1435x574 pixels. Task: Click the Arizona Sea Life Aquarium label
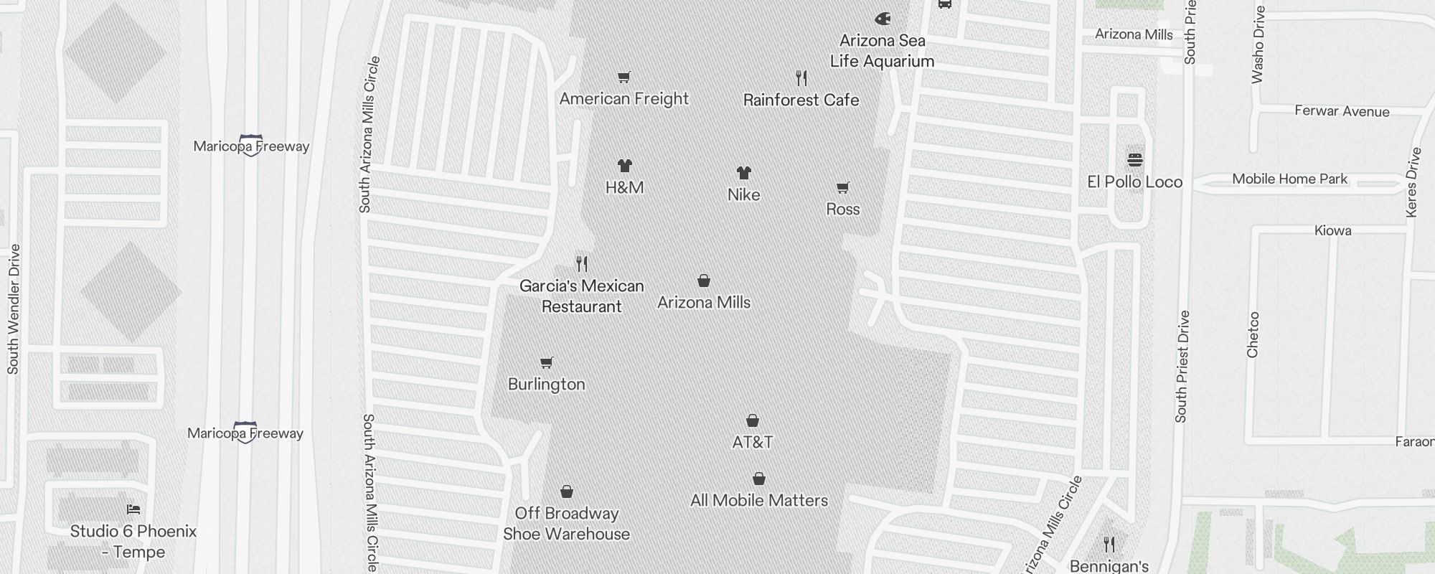click(882, 51)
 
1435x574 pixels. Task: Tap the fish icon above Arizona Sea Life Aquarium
click(883, 19)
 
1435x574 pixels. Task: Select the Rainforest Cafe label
click(801, 100)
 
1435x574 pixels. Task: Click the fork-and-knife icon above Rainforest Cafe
click(801, 77)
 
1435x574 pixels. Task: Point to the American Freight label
click(624, 99)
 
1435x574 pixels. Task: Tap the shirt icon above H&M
click(625, 166)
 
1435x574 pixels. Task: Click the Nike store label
click(743, 194)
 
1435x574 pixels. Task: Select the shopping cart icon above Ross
click(843, 187)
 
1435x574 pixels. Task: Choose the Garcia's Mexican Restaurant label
click(581, 296)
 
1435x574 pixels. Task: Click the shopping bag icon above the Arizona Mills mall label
click(704, 281)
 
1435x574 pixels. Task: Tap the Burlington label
click(546, 384)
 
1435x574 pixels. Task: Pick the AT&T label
click(752, 442)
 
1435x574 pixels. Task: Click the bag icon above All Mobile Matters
click(759, 479)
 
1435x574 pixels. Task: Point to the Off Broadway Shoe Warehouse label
click(566, 523)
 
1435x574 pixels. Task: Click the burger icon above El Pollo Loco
click(1135, 159)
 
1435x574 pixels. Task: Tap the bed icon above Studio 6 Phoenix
click(133, 509)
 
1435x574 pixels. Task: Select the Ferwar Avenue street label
click(1342, 111)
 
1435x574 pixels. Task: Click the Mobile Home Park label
click(1289, 179)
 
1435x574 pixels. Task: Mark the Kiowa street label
click(1332, 230)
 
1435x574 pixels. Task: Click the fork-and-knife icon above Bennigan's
click(1109, 544)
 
